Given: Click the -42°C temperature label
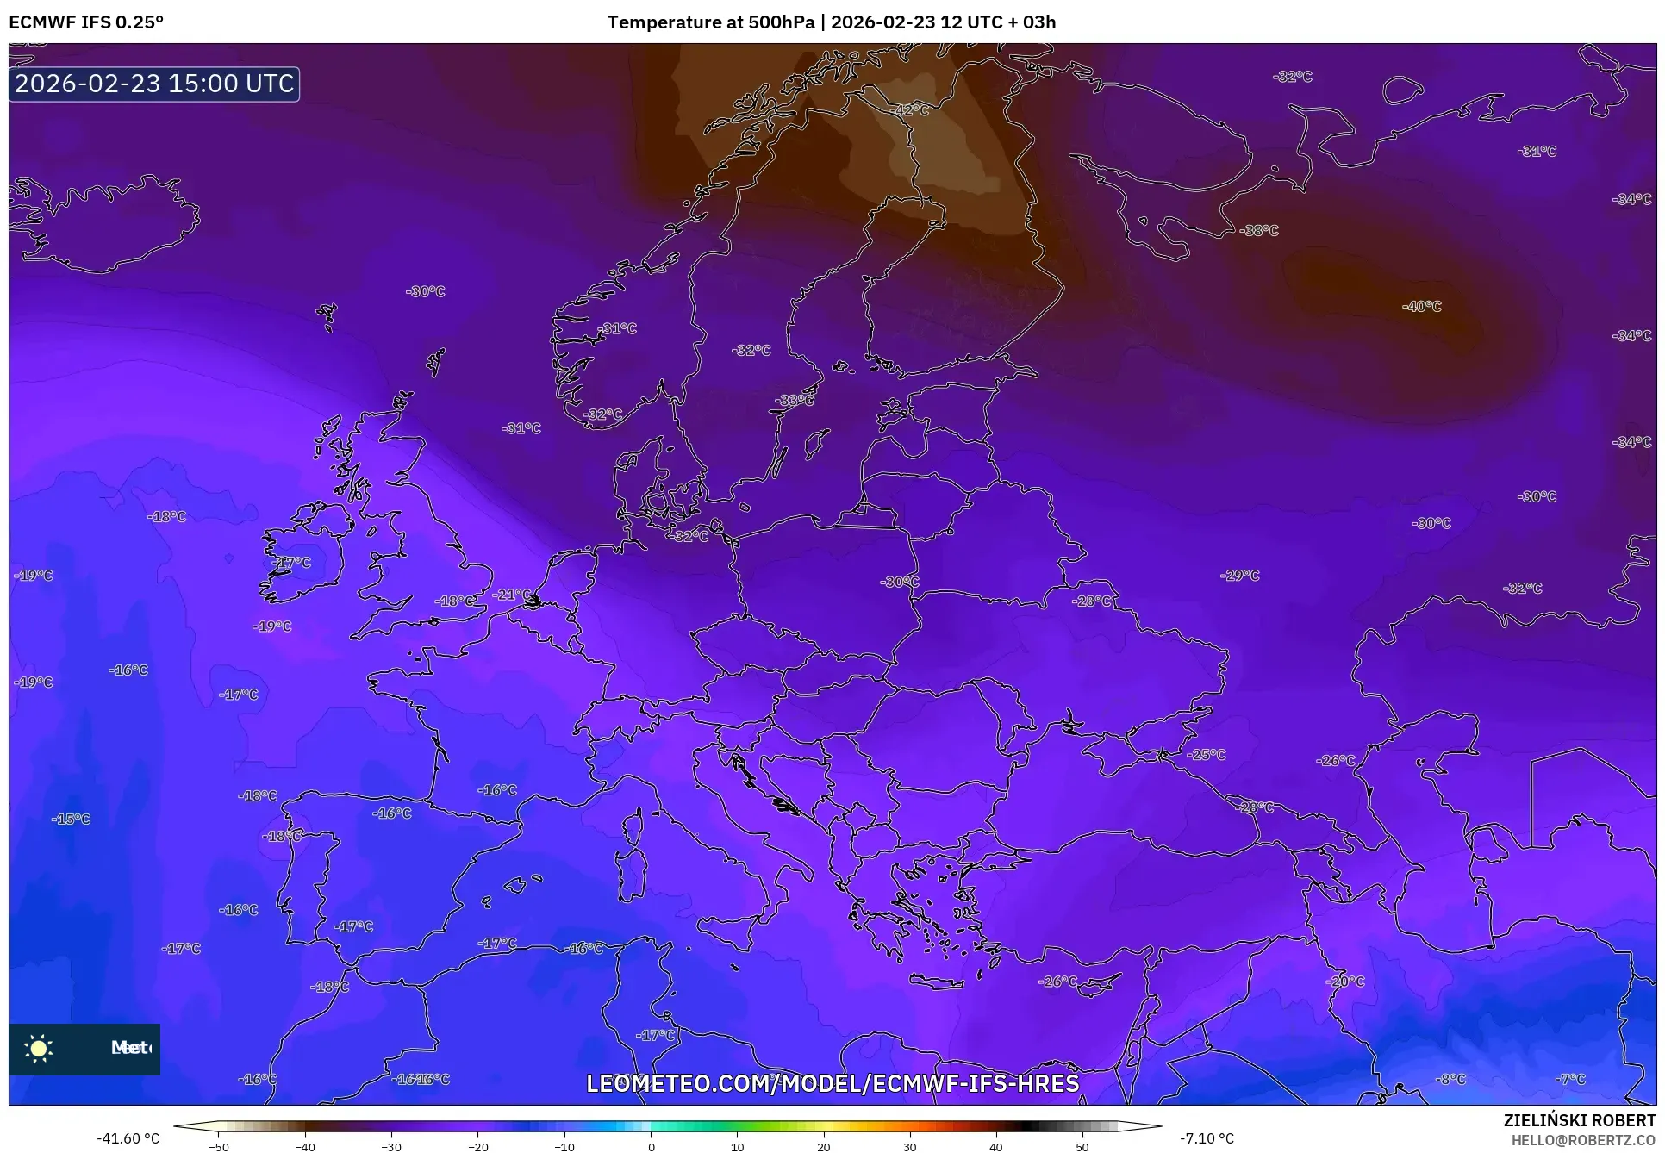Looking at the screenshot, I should pyautogui.click(x=911, y=110).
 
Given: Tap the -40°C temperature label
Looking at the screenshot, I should pyautogui.click(x=1421, y=306).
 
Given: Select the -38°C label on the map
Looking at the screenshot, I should pyautogui.click(x=1259, y=230).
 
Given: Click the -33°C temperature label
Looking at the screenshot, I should pyautogui.click(x=794, y=400).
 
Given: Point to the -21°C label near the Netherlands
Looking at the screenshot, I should pyautogui.click(x=512, y=595).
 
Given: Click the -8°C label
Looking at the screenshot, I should pyautogui.click(x=1450, y=1079).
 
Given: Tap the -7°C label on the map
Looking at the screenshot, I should pyautogui.click(x=1570, y=1079).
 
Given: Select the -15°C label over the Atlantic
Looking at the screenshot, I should pyautogui.click(x=71, y=819).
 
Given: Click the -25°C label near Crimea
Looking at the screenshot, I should pyautogui.click(x=1206, y=754).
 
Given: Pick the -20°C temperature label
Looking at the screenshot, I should pyautogui.click(x=1345, y=982).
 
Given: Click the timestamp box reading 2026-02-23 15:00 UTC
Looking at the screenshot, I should pyautogui.click(x=154, y=84).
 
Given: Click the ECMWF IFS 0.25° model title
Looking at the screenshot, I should pyautogui.click(x=86, y=22).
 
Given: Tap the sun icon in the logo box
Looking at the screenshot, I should pyautogui.click(x=39, y=1048).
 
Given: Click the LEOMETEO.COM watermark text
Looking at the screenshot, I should pyautogui.click(x=832, y=1083).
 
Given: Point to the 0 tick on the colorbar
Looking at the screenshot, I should pyautogui.click(x=651, y=1146).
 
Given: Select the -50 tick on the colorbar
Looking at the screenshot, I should pyautogui.click(x=219, y=1146).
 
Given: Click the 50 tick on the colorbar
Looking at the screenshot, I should pyautogui.click(x=1082, y=1146).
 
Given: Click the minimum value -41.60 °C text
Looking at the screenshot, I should pyautogui.click(x=128, y=1138).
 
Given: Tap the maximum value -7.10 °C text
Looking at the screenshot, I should pyautogui.click(x=1207, y=1138).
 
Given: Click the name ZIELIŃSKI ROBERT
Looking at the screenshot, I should pyautogui.click(x=1579, y=1120).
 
